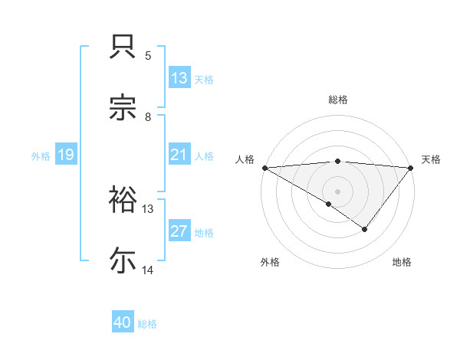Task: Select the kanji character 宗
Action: click(x=124, y=108)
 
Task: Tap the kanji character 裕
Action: click(x=124, y=199)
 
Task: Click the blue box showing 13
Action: click(x=179, y=78)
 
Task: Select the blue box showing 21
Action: click(x=179, y=155)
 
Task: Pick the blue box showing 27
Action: click(x=179, y=231)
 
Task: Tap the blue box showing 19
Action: click(x=66, y=155)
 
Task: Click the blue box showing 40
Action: click(x=123, y=322)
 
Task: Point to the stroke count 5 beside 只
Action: click(x=148, y=56)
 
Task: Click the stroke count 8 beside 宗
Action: click(x=148, y=116)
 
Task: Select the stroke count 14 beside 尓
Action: click(x=148, y=270)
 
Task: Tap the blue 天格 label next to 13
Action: click(x=204, y=80)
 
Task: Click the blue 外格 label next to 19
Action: click(x=41, y=156)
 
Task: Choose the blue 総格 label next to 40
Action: click(x=147, y=324)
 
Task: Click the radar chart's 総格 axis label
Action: click(x=338, y=100)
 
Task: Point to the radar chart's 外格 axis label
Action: click(x=270, y=262)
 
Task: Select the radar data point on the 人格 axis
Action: click(x=264, y=167)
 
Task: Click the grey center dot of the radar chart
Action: click(x=337, y=191)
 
